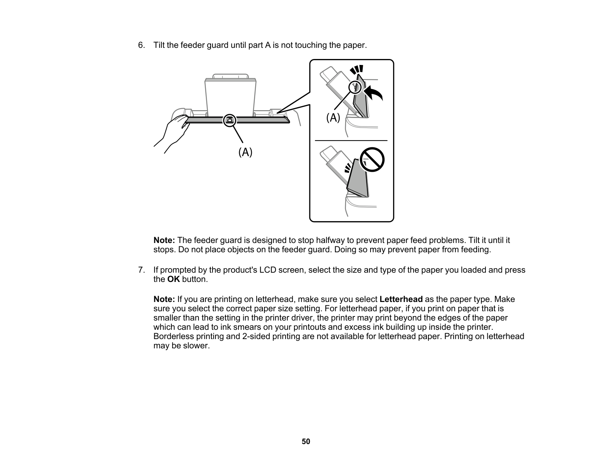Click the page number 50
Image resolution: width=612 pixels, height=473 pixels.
pos(306,441)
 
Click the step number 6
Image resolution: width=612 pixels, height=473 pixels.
pos(141,45)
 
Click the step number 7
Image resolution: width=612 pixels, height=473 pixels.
pos(141,270)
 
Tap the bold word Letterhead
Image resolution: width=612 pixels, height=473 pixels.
pos(401,299)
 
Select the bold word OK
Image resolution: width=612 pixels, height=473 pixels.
pos(174,279)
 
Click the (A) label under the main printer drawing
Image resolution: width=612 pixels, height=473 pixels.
pos(245,152)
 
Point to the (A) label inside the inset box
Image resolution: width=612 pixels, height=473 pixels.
pos(333,118)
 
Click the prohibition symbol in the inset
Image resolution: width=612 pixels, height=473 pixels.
pos(372,160)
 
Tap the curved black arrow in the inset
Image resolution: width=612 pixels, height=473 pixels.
pos(374,93)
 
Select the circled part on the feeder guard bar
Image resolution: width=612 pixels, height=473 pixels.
pos(230,120)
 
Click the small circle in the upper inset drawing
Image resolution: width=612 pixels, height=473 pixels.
pos(355,87)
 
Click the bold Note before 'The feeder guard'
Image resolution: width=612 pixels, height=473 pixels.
pos(164,240)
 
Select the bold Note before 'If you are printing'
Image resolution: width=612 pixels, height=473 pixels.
pos(164,299)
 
